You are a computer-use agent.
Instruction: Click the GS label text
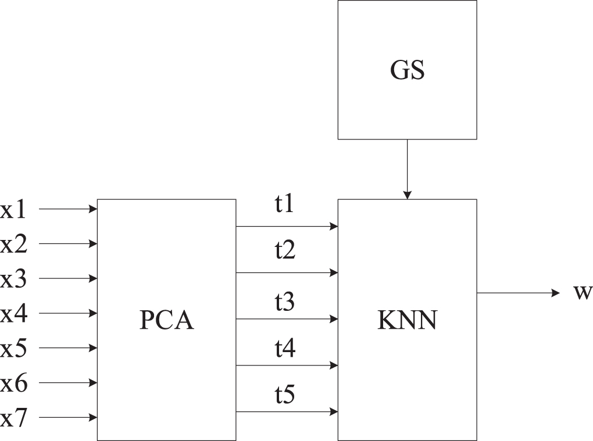point(407,70)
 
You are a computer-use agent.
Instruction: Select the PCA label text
point(166,320)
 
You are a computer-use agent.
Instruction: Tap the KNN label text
point(407,320)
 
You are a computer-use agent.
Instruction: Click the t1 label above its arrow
point(285,205)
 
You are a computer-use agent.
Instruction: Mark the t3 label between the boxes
point(285,302)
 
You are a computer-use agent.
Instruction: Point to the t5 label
point(285,395)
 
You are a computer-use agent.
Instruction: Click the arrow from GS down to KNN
point(407,168)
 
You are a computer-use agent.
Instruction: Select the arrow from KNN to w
point(517,293)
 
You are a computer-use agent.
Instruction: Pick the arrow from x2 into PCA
point(67,243)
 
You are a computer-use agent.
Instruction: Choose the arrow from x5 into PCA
point(67,348)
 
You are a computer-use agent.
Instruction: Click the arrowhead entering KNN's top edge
point(407,195)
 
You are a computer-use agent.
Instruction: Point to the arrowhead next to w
point(555,293)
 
